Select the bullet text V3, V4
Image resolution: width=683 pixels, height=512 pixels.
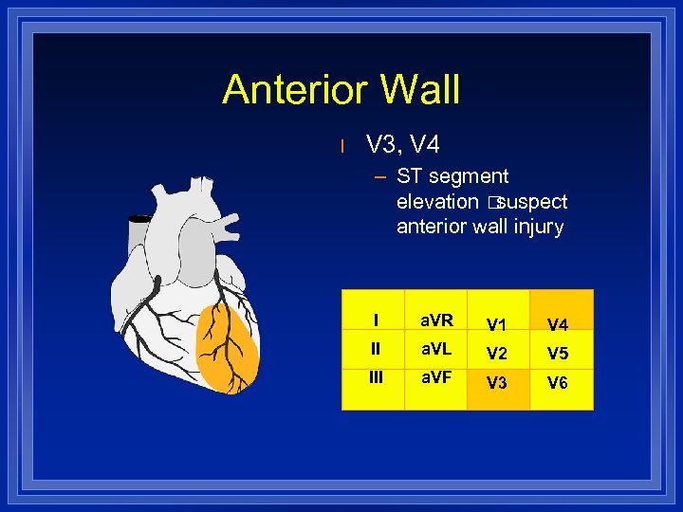click(x=403, y=145)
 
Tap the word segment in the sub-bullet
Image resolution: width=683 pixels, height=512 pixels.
click(x=467, y=176)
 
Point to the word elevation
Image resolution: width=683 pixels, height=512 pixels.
click(x=437, y=201)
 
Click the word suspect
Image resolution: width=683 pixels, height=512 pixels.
click(x=532, y=201)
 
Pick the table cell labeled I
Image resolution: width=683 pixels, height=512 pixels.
click(x=376, y=320)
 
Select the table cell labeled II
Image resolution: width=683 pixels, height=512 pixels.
click(x=376, y=349)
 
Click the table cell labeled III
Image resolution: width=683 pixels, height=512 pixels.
click(x=376, y=377)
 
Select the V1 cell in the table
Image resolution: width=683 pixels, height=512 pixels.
click(x=496, y=325)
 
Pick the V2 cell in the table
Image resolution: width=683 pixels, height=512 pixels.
click(x=496, y=355)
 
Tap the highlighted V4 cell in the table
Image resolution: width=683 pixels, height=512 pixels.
click(x=558, y=325)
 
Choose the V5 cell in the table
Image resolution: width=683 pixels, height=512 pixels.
click(x=558, y=355)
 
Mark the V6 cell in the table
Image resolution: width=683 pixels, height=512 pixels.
click(x=558, y=384)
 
